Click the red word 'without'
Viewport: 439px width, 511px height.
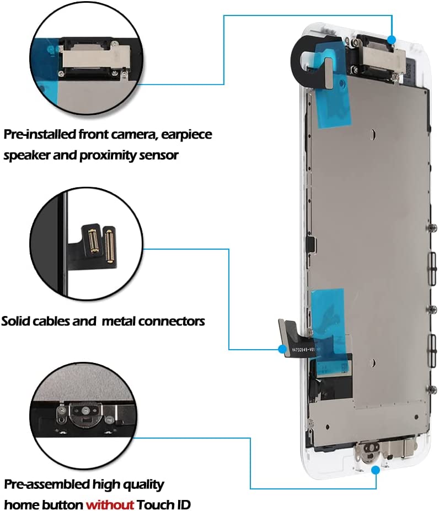[109, 504]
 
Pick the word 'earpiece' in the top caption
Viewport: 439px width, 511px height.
[186, 134]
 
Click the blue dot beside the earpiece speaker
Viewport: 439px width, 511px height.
[391, 40]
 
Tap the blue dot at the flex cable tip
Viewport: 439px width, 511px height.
[282, 349]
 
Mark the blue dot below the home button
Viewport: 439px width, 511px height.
[376, 470]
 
